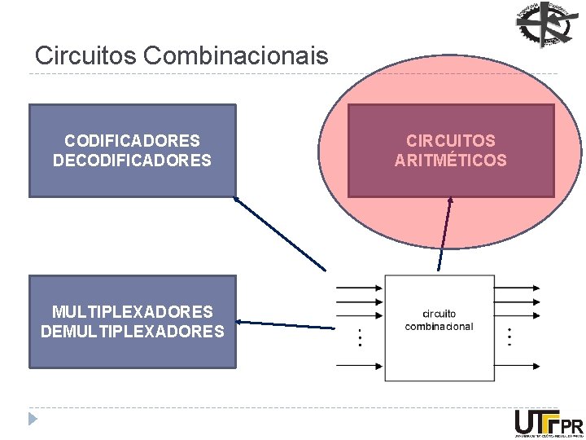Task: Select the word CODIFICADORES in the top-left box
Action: coord(132,141)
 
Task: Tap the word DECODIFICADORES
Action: coord(132,161)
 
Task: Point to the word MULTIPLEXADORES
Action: coord(132,311)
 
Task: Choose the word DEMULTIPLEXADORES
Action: coord(132,332)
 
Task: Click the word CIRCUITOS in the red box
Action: coord(450,141)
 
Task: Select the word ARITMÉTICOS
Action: coord(450,161)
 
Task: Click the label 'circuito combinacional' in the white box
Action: coord(439,320)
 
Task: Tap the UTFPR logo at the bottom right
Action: coord(548,424)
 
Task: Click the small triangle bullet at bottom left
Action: coord(32,420)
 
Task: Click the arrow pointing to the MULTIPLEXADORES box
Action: coord(285,325)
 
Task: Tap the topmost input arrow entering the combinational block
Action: coord(359,287)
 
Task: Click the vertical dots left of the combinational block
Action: coord(361,336)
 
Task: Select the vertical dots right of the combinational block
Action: coord(509,336)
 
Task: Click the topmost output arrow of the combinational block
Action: coord(516,287)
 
